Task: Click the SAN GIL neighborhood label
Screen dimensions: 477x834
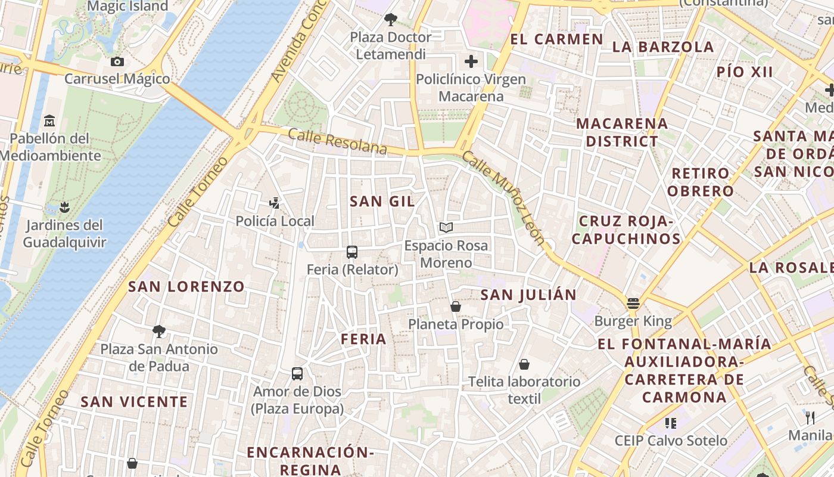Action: pos(382,202)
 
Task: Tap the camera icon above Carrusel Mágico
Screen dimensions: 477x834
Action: pos(117,61)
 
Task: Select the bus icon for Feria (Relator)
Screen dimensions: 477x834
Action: pos(352,252)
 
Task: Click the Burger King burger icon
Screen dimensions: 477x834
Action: pos(633,303)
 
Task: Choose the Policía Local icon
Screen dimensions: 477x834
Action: pos(275,204)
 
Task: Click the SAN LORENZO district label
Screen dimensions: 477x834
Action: pos(186,287)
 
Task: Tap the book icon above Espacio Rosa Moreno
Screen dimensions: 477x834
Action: pos(446,227)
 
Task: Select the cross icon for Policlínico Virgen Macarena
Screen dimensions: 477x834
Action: pos(471,61)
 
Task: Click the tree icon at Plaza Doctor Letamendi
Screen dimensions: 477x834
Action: pos(391,20)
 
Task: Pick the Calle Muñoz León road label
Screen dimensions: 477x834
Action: pos(503,198)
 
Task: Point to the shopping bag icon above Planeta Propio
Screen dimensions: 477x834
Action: pos(456,306)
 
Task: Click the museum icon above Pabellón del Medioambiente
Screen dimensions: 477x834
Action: pos(49,121)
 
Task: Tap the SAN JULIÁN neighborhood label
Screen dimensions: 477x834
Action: pos(528,295)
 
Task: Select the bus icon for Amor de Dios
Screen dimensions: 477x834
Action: pos(297,374)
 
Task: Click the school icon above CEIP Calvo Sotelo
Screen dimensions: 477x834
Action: pos(671,423)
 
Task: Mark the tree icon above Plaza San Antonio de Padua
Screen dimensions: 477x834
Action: pos(158,331)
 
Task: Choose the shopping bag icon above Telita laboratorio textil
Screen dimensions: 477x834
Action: pos(524,364)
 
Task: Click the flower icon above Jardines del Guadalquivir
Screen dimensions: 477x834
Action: pos(64,207)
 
